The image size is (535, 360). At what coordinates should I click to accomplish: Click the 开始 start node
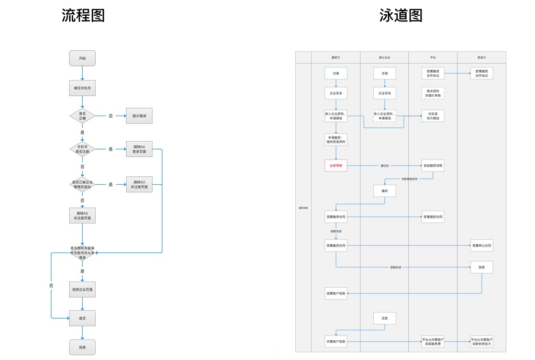(82, 58)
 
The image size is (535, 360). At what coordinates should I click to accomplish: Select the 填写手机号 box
(82, 88)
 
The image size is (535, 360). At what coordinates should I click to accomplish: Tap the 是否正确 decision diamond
(82, 116)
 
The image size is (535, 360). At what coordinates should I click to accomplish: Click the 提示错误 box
(139, 116)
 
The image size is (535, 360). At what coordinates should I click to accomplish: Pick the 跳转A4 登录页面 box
(139, 149)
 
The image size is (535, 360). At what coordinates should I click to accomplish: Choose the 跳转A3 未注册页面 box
(139, 184)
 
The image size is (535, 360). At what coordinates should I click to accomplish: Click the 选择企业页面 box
(82, 289)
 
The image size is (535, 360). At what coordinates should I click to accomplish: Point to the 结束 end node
(82, 347)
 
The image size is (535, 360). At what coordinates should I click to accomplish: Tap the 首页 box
(82, 318)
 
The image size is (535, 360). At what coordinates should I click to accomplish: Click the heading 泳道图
(401, 16)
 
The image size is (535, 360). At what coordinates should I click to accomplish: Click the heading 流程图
(83, 16)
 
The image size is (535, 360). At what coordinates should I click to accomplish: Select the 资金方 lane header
(481, 57)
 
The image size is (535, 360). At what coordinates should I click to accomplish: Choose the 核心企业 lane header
(384, 57)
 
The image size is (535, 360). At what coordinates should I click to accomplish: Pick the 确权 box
(384, 191)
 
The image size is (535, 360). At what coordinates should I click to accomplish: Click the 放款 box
(481, 267)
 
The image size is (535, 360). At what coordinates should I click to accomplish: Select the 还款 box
(384, 318)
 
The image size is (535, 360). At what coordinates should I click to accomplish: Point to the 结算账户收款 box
(336, 294)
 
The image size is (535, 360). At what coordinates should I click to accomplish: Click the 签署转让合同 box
(481, 245)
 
